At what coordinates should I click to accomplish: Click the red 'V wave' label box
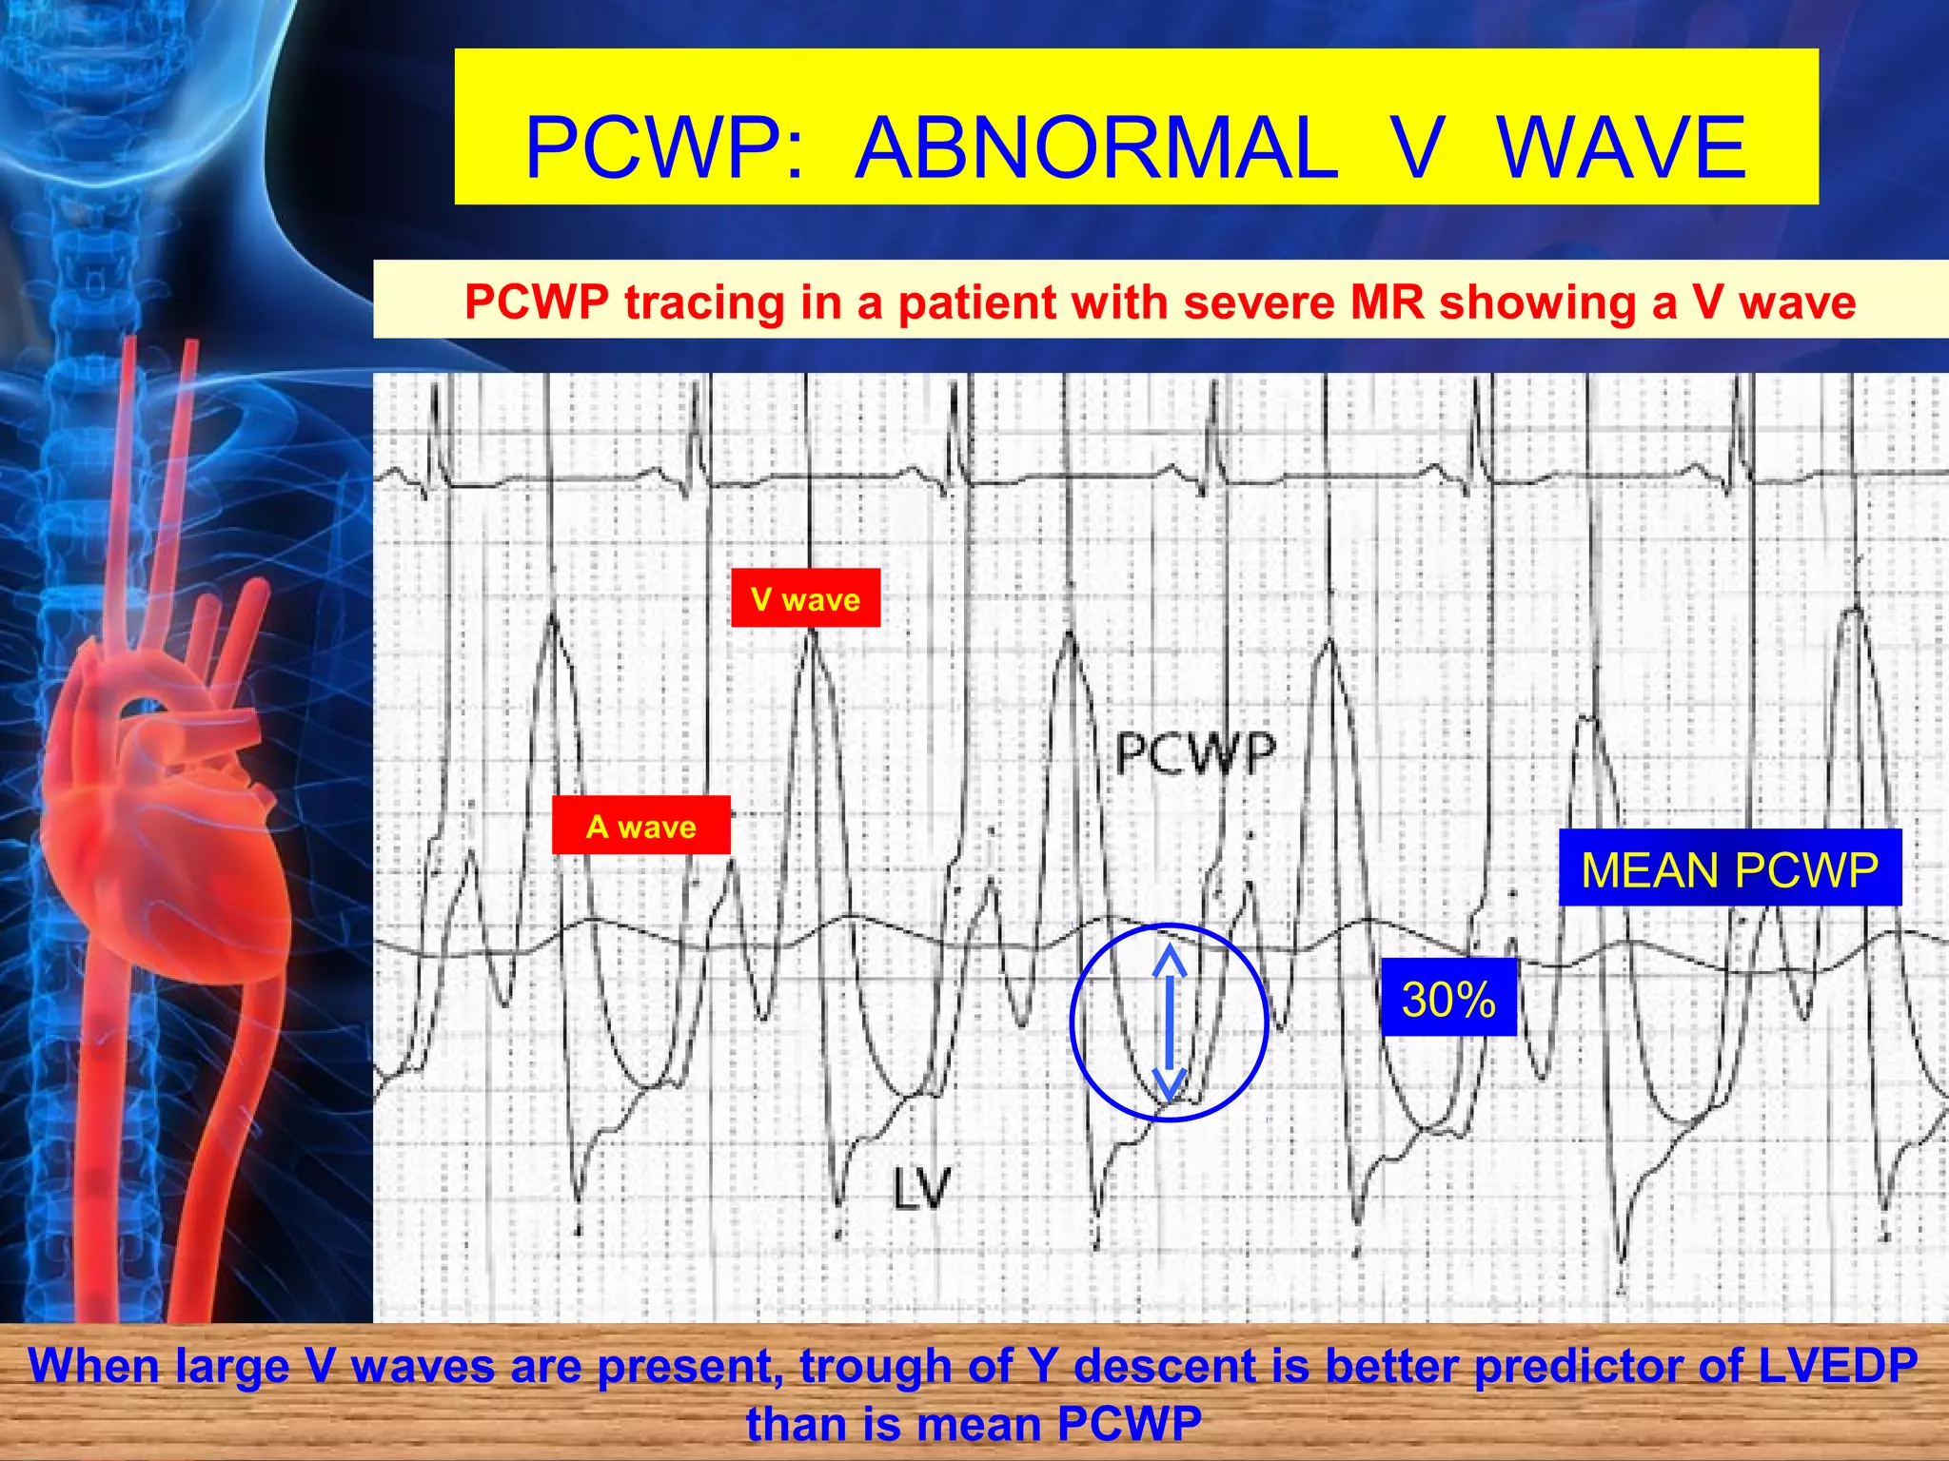[x=805, y=598]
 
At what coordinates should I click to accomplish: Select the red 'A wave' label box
[x=640, y=826]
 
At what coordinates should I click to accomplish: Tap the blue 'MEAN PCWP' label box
[x=1729, y=868]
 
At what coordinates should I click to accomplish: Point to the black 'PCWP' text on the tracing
[x=1194, y=753]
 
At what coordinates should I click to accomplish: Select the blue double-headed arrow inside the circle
[x=1170, y=1023]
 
